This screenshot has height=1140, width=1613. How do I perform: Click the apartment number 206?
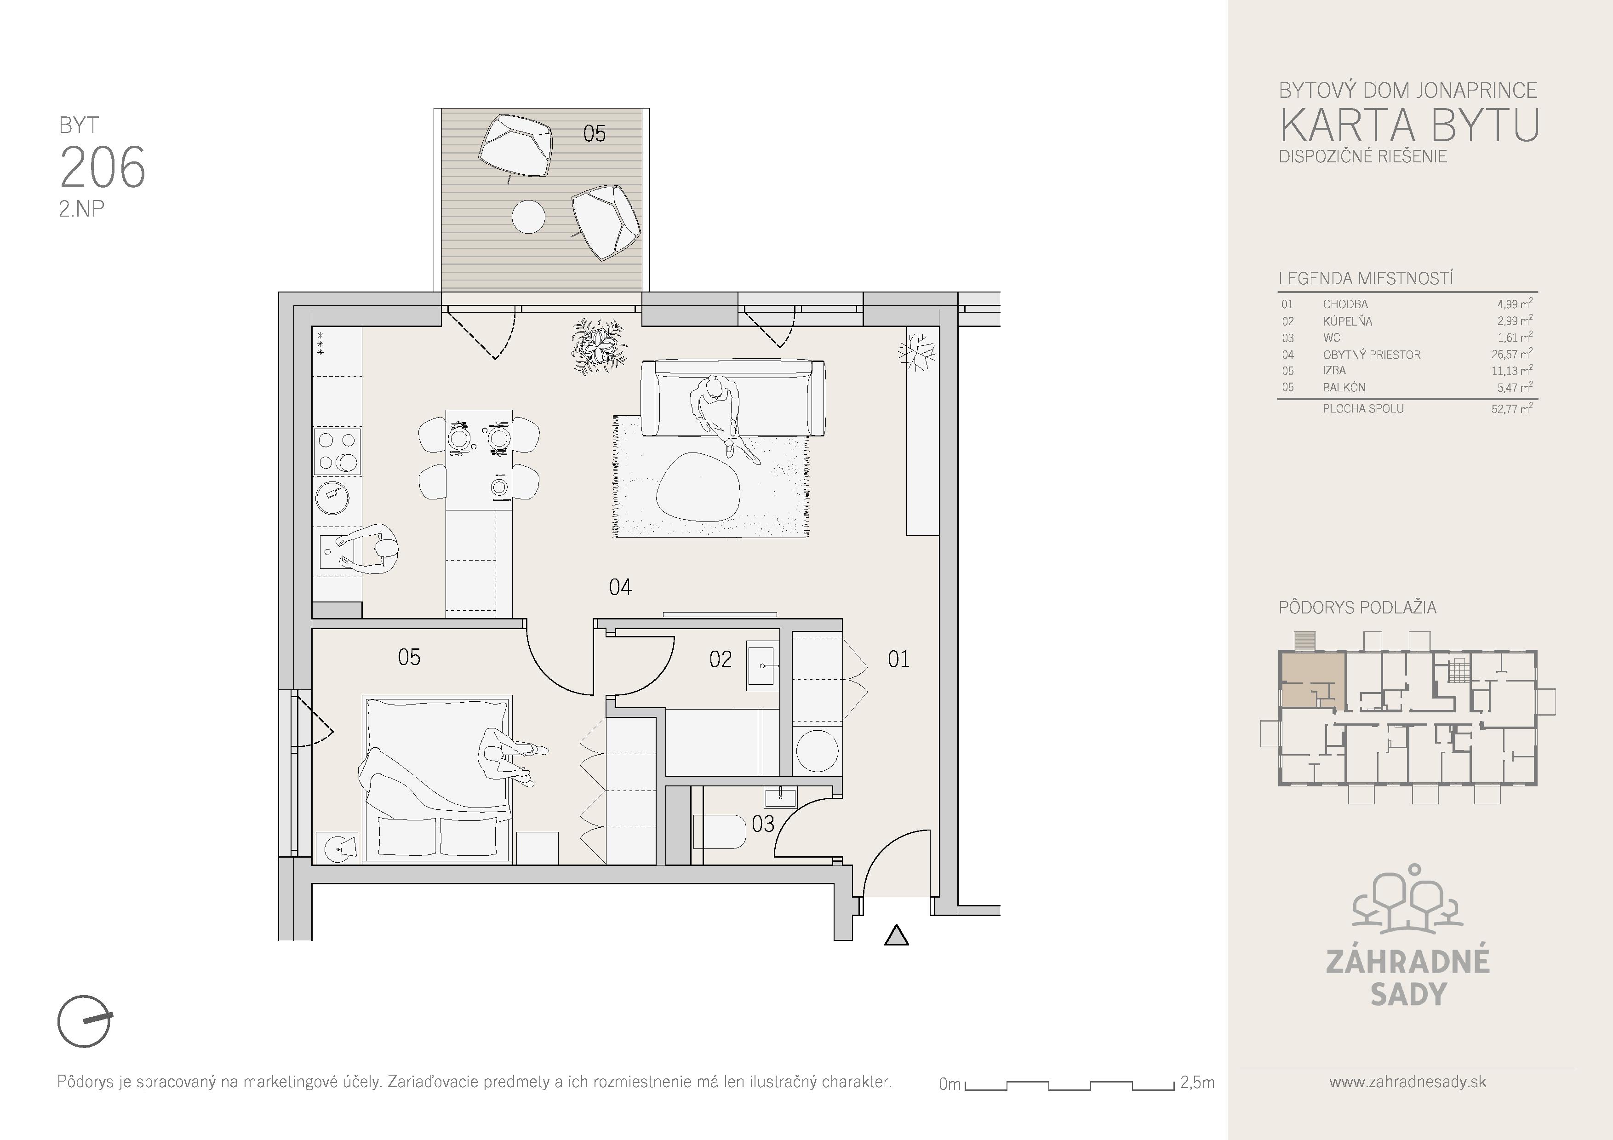103,167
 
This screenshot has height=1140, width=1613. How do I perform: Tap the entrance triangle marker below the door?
897,936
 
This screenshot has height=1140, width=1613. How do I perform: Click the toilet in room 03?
720,831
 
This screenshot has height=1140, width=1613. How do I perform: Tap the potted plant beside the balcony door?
599,344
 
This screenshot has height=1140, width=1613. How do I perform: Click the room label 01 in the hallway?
898,659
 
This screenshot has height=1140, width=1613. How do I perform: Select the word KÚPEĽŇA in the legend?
1347,321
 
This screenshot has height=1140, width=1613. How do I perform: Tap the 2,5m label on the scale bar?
1197,1083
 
